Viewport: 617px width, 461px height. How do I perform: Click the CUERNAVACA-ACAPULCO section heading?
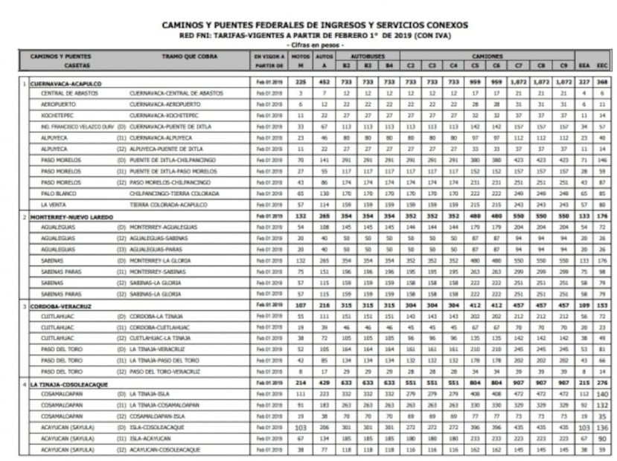(66, 83)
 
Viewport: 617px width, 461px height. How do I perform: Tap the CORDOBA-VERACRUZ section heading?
(63, 306)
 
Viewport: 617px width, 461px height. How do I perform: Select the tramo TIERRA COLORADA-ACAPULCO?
(174, 204)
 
